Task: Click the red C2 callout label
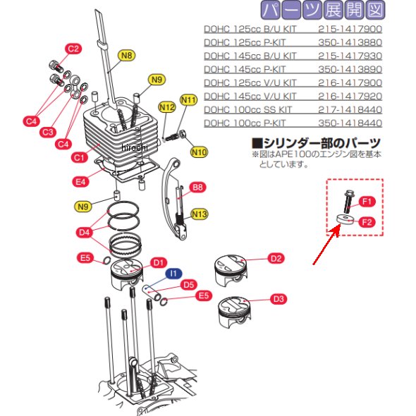click(73, 49)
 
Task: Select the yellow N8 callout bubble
click(126, 56)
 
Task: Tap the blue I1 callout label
click(173, 274)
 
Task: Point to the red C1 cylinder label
click(80, 158)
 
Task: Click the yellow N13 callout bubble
click(200, 214)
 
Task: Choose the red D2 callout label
click(276, 258)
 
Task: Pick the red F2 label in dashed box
click(367, 222)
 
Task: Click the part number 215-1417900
click(350, 29)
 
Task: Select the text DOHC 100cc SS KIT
click(247, 110)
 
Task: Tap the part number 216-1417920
click(350, 97)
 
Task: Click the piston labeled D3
click(234, 312)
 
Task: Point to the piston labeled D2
click(231, 271)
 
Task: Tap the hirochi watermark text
click(135, 147)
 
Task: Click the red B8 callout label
click(198, 188)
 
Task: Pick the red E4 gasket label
click(80, 182)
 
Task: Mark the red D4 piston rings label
click(85, 233)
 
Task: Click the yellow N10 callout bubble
click(199, 152)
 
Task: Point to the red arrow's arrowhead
click(336, 228)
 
